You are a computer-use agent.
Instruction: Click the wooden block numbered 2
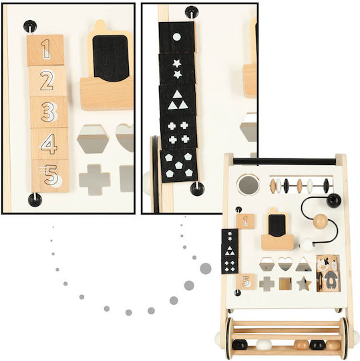click(47, 81)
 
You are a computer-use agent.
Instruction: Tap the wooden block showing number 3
click(49, 112)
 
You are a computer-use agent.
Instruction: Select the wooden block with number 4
click(50, 144)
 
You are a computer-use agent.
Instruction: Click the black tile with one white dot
click(177, 37)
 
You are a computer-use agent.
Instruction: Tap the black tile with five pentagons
click(179, 165)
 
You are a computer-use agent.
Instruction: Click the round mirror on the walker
click(248, 185)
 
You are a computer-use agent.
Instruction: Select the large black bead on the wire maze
click(333, 201)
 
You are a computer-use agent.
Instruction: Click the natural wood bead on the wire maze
click(321, 221)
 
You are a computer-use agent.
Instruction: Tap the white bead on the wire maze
click(307, 245)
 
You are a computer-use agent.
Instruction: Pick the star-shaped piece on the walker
click(304, 284)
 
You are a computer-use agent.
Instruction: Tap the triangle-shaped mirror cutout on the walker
click(303, 265)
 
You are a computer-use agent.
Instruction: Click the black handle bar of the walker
click(285, 161)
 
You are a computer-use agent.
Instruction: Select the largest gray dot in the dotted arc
click(206, 269)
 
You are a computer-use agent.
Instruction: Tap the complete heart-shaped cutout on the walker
click(285, 264)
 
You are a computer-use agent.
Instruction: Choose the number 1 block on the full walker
click(245, 221)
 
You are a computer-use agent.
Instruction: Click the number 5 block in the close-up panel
click(51, 176)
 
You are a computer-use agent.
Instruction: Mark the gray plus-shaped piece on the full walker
click(267, 284)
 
